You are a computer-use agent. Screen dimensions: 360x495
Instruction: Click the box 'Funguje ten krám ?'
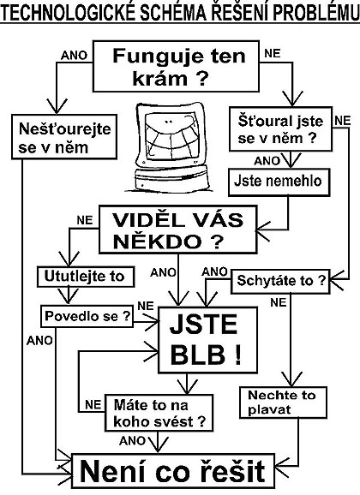click(176, 66)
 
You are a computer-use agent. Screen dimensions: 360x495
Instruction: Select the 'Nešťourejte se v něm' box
click(64, 137)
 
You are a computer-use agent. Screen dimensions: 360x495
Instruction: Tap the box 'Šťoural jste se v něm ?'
click(280, 129)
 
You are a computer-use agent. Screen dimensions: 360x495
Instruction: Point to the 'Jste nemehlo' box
click(279, 182)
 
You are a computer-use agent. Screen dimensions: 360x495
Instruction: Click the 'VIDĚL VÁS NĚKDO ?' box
click(178, 230)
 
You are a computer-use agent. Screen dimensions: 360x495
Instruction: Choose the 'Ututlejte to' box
click(86, 277)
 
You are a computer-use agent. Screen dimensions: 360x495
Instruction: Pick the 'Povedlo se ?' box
click(87, 316)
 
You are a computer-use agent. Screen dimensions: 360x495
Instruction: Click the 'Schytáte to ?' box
click(281, 281)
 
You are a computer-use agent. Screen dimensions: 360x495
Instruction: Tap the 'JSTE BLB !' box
click(207, 340)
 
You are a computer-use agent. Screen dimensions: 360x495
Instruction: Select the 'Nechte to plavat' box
click(283, 403)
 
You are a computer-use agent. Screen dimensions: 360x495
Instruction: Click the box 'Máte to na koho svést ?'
click(159, 413)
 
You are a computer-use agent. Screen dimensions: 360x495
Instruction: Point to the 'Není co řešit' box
click(173, 471)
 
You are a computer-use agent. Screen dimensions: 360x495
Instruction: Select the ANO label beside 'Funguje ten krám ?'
click(74, 56)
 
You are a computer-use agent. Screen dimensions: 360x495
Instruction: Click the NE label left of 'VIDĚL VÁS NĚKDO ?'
click(85, 220)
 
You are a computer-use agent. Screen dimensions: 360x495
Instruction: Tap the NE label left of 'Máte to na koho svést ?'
click(93, 405)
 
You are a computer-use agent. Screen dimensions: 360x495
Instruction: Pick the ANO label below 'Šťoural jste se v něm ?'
click(267, 161)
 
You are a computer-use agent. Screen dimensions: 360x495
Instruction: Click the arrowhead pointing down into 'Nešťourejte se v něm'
click(57, 105)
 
